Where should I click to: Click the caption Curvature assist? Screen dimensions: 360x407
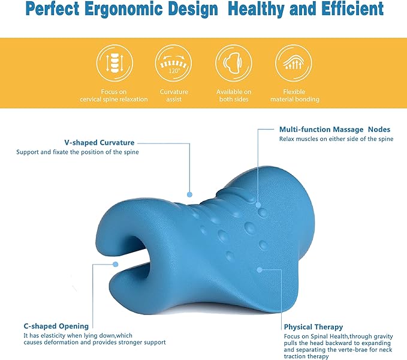(173, 95)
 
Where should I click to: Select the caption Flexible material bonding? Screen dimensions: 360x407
(293, 95)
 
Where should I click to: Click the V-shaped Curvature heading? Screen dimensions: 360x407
(100, 143)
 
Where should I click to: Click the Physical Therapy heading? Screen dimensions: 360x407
(314, 327)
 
